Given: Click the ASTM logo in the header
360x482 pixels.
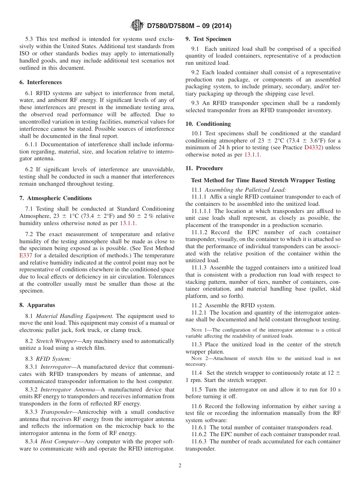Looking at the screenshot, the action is (137, 25).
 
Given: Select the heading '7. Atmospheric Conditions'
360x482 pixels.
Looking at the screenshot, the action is (55, 198).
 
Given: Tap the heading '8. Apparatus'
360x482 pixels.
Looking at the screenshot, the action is (37, 305).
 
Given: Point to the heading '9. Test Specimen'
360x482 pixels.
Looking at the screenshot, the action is (208, 39).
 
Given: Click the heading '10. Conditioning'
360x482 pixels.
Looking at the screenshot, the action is (208, 124).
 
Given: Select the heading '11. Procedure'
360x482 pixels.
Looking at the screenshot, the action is (204, 168).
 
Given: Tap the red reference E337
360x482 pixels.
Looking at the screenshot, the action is (26, 256).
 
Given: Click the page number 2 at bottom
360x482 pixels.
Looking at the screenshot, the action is (180, 466).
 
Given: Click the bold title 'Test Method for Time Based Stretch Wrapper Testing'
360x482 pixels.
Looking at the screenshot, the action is (263, 180).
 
